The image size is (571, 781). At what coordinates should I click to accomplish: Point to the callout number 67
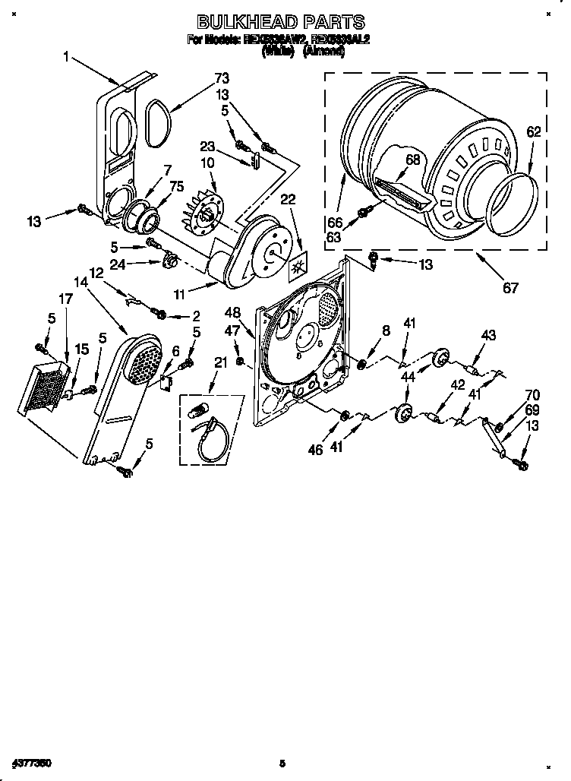[511, 287]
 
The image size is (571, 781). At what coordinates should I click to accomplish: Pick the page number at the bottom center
[282, 762]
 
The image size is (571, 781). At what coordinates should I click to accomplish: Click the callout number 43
[487, 335]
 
